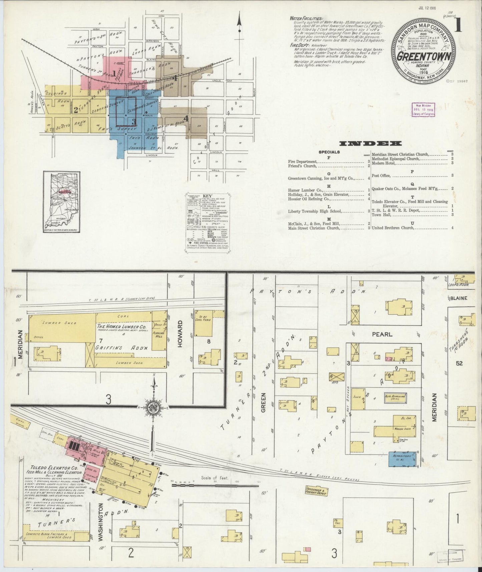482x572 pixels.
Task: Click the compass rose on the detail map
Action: click(153, 407)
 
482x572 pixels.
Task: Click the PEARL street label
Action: click(382, 334)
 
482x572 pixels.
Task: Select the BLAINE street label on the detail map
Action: click(459, 298)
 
